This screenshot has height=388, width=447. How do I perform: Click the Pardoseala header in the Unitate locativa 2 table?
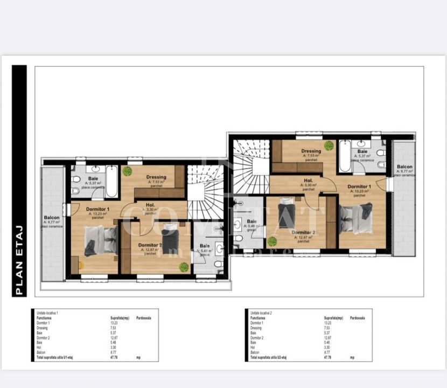pos(358,318)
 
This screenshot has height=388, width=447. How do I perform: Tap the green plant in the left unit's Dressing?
pos(127,171)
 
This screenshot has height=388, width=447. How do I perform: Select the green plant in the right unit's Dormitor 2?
pos(273,242)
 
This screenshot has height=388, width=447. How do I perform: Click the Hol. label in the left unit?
pos(150,205)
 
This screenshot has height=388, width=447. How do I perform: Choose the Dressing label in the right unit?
pos(311,151)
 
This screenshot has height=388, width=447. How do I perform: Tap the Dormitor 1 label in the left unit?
pos(97,209)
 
